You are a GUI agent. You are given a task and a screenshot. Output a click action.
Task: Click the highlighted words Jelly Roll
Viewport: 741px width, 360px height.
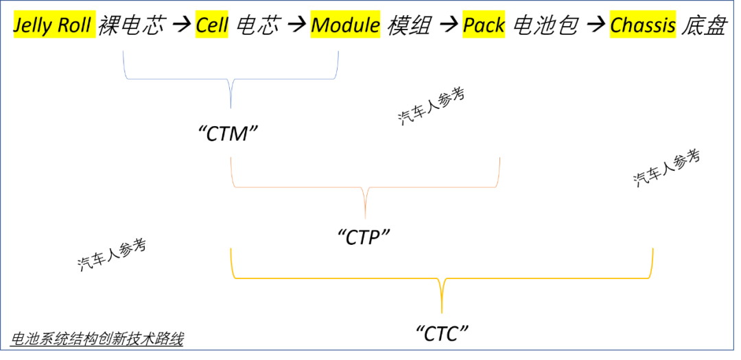point(52,26)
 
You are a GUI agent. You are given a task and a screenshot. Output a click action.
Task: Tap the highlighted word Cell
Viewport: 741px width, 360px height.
point(212,26)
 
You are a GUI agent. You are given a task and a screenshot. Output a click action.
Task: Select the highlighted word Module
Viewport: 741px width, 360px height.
point(345,26)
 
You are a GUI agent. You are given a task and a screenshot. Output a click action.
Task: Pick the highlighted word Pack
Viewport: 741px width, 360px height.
point(484,26)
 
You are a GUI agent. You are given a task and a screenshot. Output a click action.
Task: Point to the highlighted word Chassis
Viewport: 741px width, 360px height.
point(643,26)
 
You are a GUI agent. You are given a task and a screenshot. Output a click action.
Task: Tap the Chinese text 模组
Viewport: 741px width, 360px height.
point(410,26)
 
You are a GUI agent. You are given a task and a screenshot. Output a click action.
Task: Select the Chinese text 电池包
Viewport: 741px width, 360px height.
point(546,26)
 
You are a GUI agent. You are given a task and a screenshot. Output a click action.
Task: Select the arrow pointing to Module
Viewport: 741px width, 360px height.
point(296,26)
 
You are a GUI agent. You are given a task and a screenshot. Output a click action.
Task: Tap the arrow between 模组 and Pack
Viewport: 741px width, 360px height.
point(448,26)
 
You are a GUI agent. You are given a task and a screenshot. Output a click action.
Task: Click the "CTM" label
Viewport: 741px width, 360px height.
point(232,133)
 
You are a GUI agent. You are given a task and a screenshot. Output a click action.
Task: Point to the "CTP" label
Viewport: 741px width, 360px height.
point(364,237)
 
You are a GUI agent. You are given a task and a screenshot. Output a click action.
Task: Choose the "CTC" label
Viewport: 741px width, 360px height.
point(443,333)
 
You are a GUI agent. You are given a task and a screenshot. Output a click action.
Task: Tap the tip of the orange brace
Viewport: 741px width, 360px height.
point(365,216)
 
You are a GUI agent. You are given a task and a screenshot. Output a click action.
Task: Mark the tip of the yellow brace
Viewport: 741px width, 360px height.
point(442,312)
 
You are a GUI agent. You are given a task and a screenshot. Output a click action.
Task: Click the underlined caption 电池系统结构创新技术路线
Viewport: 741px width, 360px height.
point(97,339)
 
